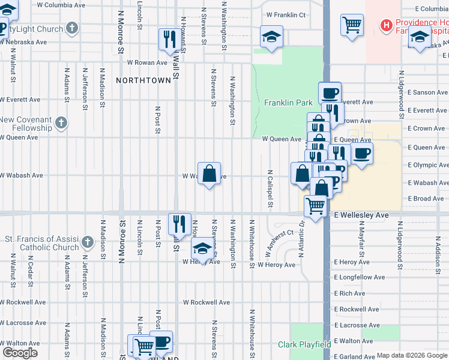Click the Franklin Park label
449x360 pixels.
point(288,103)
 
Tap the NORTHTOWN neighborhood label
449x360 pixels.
point(143,80)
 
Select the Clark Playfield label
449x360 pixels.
point(304,344)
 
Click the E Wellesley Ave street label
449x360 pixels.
point(361,215)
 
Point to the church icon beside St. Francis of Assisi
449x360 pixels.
point(87,242)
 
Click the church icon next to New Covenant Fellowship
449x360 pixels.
point(61,124)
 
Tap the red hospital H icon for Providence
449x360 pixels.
point(387,26)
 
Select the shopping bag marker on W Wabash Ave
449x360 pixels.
point(209,173)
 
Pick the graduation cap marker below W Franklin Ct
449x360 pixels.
point(271,37)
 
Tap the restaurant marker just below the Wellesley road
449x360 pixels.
point(179,224)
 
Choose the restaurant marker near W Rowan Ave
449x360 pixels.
point(169,39)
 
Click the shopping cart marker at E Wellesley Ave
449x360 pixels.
point(315,206)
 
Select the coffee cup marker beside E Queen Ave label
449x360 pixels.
point(361,154)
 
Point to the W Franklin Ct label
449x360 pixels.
point(286,14)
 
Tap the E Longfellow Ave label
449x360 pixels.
point(360,277)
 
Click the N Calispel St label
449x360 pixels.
point(271,189)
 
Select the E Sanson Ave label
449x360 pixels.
point(427,92)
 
